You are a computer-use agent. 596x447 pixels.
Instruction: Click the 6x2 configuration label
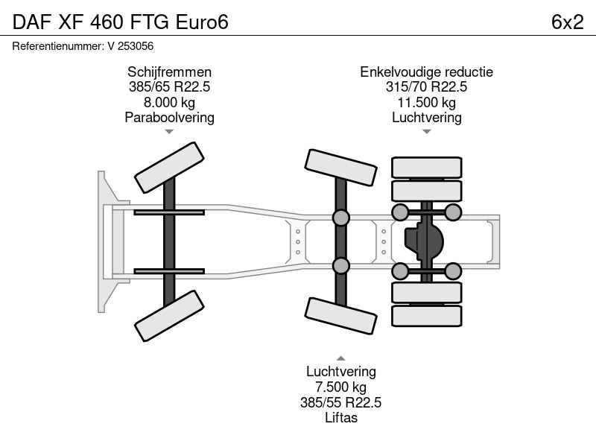coord(567,22)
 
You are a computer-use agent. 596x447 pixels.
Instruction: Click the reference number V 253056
coord(130,46)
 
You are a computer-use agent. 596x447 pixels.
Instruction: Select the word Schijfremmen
coord(169,72)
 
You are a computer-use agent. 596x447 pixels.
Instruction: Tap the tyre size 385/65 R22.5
coord(169,86)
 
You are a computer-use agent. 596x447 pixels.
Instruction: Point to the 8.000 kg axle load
coord(169,102)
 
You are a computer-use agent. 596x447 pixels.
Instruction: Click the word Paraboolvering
coord(169,118)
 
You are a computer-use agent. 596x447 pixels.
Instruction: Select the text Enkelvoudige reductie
coord(426,72)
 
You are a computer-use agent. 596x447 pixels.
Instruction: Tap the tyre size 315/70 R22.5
coord(426,86)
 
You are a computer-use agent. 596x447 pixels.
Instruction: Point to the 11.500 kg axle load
coord(426,102)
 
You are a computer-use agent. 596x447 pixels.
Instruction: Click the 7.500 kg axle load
coord(341,387)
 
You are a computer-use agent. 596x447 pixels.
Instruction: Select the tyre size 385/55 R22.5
coord(341,402)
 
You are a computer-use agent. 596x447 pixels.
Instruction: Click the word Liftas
coord(341,418)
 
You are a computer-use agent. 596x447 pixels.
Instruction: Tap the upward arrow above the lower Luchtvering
coord(341,358)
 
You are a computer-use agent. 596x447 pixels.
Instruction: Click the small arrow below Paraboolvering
coord(169,132)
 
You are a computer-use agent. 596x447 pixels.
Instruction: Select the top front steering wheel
coord(170,168)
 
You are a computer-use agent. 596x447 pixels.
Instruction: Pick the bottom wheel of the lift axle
coord(341,316)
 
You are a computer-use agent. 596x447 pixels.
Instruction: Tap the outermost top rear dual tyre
coord(427,167)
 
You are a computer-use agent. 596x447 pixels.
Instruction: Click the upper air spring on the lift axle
coord(341,218)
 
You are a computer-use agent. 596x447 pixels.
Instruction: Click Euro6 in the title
coord(202,22)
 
